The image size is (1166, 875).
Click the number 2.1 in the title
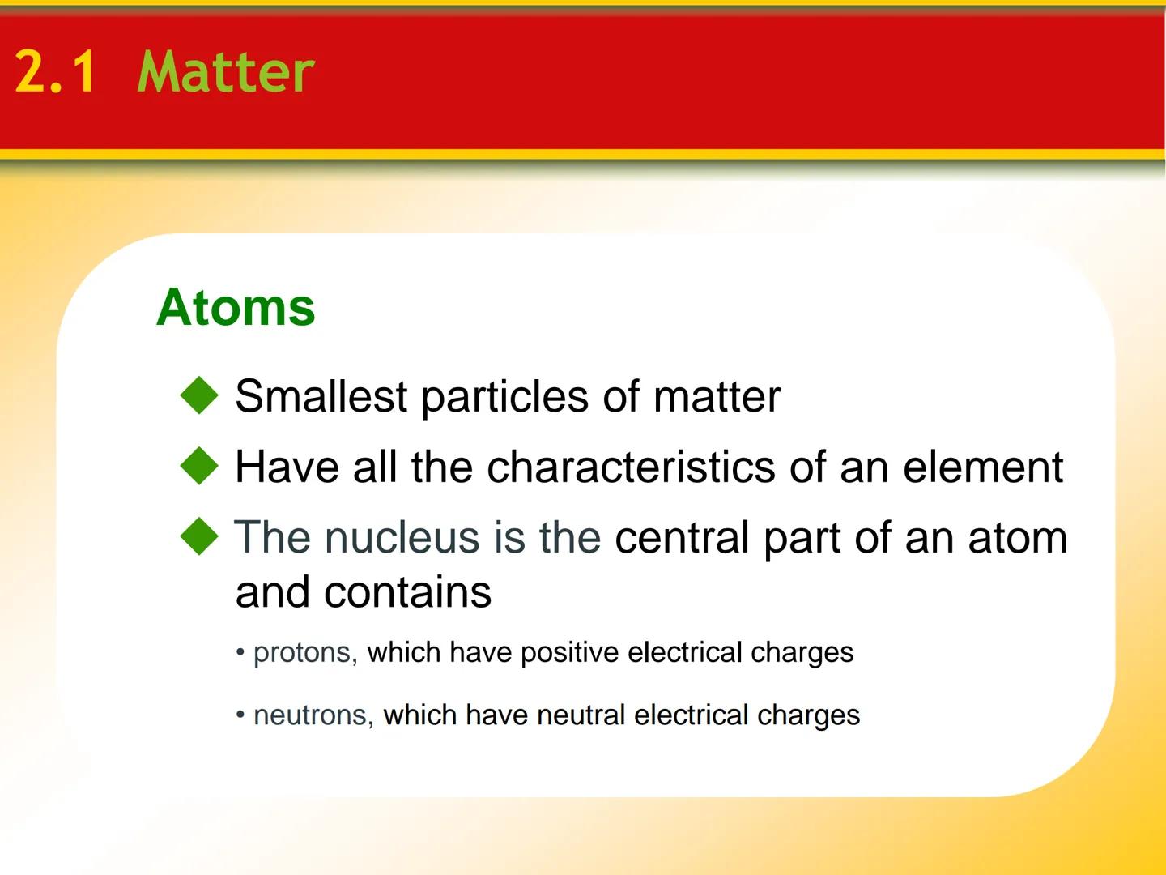click(55, 72)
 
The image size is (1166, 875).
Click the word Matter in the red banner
click(225, 72)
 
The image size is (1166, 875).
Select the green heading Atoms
click(236, 308)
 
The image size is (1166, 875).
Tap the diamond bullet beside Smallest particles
click(199, 395)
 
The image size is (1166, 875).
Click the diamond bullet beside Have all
click(199, 466)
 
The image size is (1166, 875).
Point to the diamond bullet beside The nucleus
click(199, 536)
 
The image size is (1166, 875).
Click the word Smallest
click(321, 397)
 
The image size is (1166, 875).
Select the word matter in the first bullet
click(716, 397)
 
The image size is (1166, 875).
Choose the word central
click(682, 538)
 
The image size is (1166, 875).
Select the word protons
click(302, 653)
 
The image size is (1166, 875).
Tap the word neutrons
click(310, 715)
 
